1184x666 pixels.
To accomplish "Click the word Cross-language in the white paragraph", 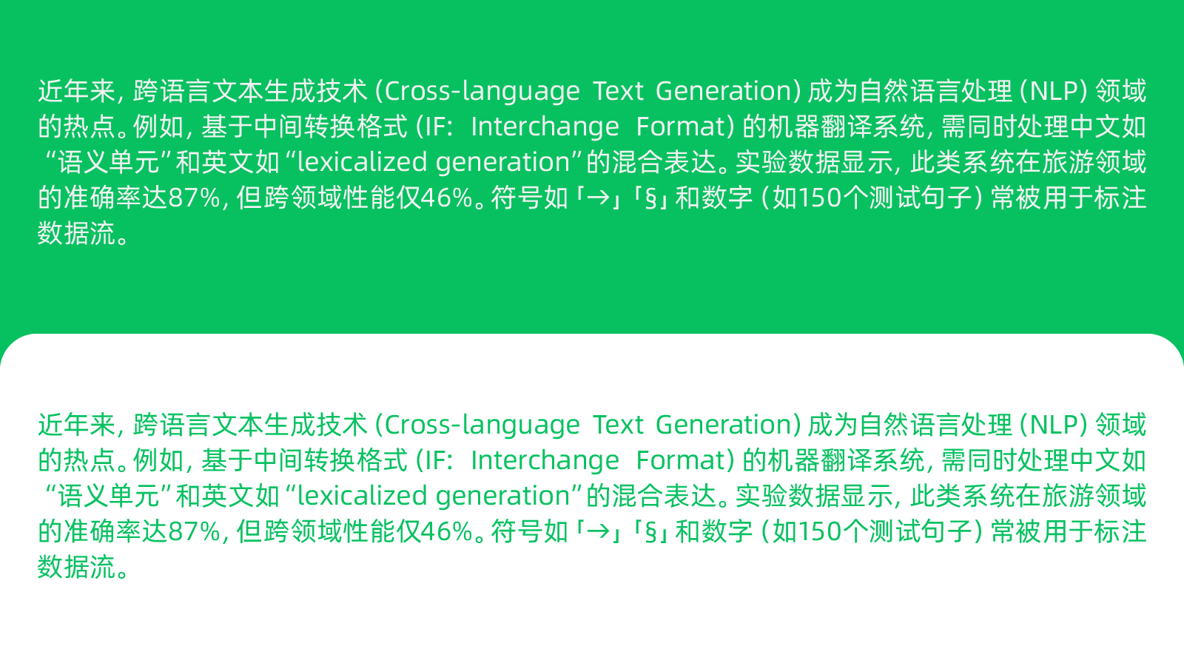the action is click(x=482, y=91).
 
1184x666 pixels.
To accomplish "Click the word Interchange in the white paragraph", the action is click(x=545, y=127).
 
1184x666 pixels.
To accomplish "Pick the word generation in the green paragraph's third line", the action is click(x=502, y=496).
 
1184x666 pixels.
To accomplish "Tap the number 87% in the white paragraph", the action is click(x=194, y=198).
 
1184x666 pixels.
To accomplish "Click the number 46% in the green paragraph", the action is click(x=447, y=532).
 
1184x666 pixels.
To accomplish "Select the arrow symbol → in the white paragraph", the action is click(x=599, y=198).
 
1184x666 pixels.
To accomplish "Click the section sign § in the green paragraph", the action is click(x=651, y=533).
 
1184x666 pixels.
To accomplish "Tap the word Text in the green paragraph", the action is click(x=619, y=425).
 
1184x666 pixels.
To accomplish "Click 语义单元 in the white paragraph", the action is click(x=108, y=162).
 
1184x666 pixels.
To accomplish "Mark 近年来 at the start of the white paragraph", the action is click(x=76, y=91).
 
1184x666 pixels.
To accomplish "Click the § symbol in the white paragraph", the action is click(x=651, y=199).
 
